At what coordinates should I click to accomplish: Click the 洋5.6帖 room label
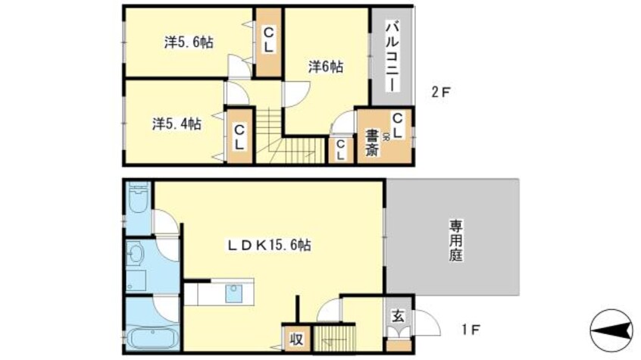[189, 42]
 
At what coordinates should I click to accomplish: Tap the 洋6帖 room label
[326, 67]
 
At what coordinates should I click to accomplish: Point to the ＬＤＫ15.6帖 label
[271, 245]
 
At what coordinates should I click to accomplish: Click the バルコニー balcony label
[392, 56]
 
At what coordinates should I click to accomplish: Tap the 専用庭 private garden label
[455, 239]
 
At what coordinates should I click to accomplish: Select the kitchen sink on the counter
[231, 293]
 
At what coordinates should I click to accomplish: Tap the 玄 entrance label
[397, 315]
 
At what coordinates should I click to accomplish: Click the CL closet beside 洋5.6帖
[268, 42]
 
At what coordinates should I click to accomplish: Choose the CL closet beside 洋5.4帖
[239, 136]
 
